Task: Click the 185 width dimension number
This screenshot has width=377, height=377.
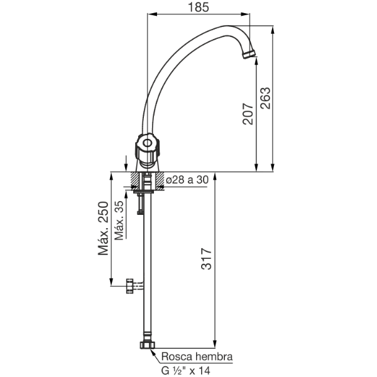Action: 199,7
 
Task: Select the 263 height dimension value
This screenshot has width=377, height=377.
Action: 266,98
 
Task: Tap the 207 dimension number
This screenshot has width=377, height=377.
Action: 248,114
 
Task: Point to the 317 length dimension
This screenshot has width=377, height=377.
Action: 206,258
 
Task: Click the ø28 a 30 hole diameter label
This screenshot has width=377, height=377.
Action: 187,180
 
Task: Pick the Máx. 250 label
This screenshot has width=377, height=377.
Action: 103,228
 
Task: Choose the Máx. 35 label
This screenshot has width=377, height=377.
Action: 119,221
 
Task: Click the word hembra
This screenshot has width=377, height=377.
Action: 214,356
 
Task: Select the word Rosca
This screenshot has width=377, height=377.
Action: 177,356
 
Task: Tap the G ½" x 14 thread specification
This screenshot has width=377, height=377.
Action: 185,371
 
